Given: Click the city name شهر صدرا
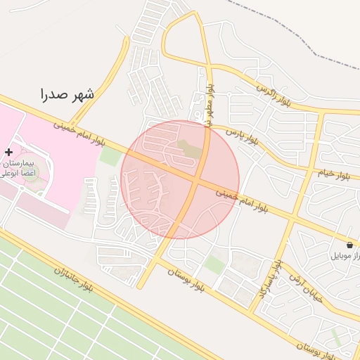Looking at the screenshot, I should coord(67,92).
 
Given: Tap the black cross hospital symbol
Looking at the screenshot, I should coord(8,152).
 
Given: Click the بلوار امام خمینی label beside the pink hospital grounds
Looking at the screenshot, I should coord(80,132).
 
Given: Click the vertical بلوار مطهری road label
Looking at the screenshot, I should coord(210,105).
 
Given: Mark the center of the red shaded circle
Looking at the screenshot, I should coord(180,179).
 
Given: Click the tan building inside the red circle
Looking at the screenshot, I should coord(188,149).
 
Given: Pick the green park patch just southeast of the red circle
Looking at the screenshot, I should coord(214,264).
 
